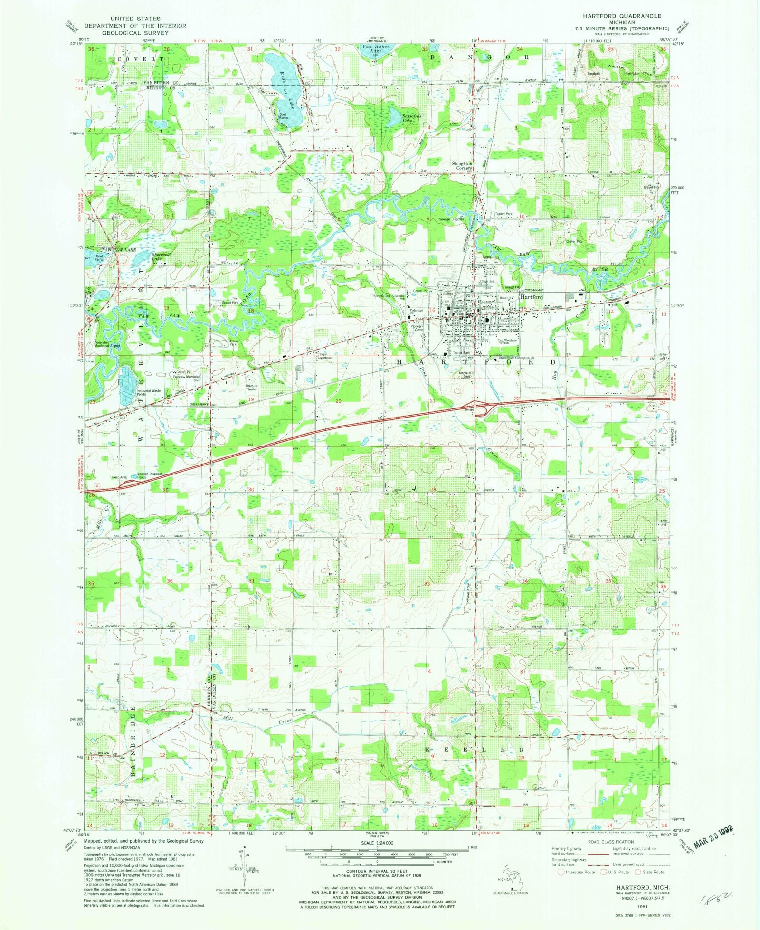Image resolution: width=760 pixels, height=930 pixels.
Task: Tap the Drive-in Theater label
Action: [x=252, y=387]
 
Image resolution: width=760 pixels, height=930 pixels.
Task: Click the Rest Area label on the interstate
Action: [x=119, y=477]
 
